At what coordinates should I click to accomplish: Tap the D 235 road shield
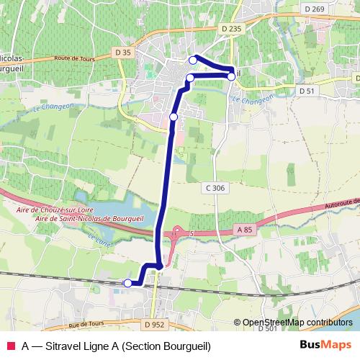(232, 28)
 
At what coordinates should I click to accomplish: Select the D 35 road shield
(123, 52)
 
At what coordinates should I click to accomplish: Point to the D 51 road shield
(307, 91)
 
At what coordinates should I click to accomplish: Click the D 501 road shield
(266, 328)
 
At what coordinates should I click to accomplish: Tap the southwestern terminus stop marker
(128, 283)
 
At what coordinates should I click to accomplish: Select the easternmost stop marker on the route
(230, 76)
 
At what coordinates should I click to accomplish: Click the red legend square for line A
(10, 346)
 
